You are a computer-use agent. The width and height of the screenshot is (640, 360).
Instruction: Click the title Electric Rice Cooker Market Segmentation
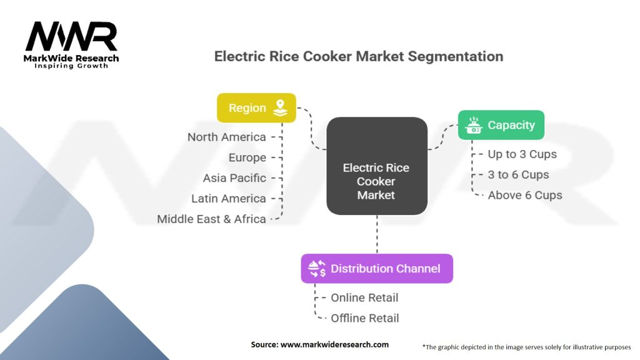click(x=358, y=56)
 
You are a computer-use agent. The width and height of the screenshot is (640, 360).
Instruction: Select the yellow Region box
click(x=256, y=107)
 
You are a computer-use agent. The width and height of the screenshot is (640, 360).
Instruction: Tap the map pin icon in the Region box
click(x=279, y=107)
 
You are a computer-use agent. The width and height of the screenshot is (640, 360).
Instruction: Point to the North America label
click(x=226, y=137)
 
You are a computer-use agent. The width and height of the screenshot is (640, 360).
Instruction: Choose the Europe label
click(x=247, y=157)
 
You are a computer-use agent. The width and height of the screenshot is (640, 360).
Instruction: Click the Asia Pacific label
click(x=234, y=178)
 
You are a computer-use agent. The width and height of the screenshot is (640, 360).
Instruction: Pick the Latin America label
click(x=229, y=199)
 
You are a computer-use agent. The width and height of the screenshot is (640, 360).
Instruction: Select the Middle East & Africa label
click(x=211, y=219)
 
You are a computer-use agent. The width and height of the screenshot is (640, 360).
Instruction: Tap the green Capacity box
click(x=501, y=125)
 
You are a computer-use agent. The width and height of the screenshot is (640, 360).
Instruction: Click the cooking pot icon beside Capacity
click(x=474, y=125)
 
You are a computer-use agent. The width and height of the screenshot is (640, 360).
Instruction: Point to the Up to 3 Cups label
click(x=522, y=154)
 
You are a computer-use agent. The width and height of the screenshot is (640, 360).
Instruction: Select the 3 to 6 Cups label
click(x=518, y=174)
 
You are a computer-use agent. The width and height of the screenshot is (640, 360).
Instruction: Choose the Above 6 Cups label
click(x=525, y=195)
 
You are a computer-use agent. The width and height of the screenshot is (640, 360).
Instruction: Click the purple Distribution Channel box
click(x=377, y=269)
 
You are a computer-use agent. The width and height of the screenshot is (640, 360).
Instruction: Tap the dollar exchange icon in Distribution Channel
click(x=317, y=269)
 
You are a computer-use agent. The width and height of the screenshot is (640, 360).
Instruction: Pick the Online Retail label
click(x=364, y=297)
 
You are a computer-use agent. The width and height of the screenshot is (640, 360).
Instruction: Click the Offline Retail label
click(x=365, y=318)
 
